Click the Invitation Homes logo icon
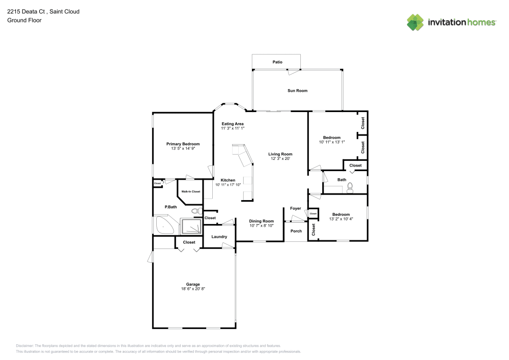415,22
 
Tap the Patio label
277,62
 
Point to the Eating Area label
233,124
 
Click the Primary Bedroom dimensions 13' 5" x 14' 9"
183,149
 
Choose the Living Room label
280,154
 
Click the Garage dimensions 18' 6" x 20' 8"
193,289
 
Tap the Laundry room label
219,237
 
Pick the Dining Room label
262,221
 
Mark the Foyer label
296,208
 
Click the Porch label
296,231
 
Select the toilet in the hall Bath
350,188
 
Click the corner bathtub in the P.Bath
163,225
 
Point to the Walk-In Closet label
191,191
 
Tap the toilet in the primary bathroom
195,210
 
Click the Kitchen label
228,180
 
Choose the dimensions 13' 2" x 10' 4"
341,219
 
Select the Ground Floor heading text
24,20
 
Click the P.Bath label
171,207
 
